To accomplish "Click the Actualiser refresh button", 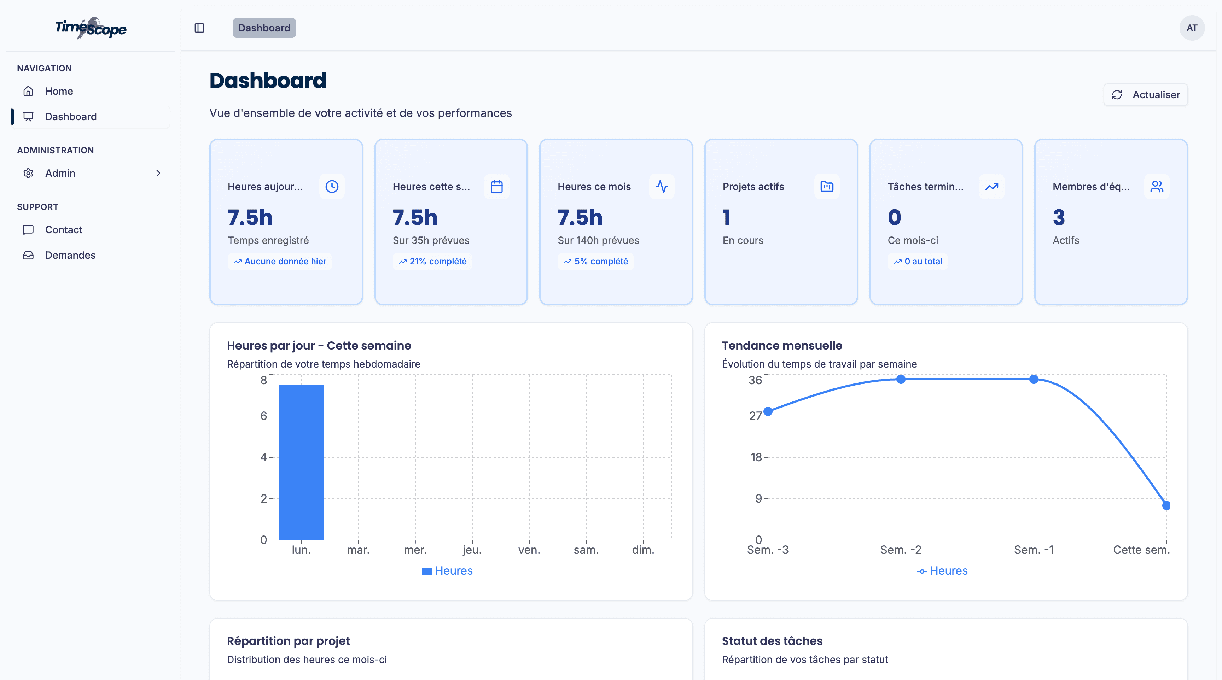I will click(x=1145, y=95).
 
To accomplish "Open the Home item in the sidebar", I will click(x=59, y=91).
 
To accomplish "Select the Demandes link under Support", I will click(x=70, y=255).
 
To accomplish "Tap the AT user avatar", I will click(x=1191, y=28).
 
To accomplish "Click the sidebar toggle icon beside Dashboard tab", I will click(x=199, y=28).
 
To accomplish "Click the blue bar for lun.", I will click(x=301, y=462).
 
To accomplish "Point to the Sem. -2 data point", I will click(x=900, y=379).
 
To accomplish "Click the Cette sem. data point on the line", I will click(x=1166, y=505).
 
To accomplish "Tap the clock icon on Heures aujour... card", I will click(x=332, y=187).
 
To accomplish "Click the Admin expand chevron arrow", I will click(x=158, y=173).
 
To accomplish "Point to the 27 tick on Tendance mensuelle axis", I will click(x=755, y=416).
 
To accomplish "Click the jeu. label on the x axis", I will click(x=472, y=550).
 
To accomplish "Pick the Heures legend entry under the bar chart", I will click(x=447, y=571).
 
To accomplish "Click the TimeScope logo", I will click(x=91, y=28).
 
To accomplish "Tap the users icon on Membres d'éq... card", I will click(x=1157, y=187).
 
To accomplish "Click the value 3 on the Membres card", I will click(x=1059, y=218).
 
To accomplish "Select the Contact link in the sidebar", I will click(x=64, y=229).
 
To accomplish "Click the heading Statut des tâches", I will click(x=772, y=641).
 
